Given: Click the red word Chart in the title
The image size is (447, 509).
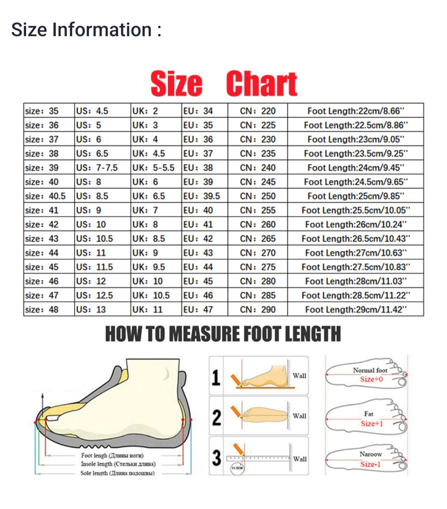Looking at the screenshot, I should (x=261, y=84).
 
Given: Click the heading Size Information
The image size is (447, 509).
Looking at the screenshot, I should (x=86, y=30).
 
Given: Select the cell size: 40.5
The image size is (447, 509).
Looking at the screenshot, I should (x=45, y=196).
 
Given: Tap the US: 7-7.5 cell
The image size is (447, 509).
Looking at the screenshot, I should (x=97, y=168).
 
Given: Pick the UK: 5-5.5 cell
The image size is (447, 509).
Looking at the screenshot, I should (x=154, y=168).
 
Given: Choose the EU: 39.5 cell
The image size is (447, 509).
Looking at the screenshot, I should (x=202, y=196).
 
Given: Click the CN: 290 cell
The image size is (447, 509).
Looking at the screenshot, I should (x=258, y=310).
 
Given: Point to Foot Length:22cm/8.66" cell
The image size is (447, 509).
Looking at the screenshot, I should (x=355, y=111).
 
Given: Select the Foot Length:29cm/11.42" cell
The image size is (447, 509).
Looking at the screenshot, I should (x=355, y=310).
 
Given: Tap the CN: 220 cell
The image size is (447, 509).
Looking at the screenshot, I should (x=258, y=111).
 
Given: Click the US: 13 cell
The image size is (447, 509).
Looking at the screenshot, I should (x=91, y=310).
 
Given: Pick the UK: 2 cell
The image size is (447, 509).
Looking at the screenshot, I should (x=145, y=111).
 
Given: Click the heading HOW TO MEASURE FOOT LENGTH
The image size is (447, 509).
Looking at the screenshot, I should (x=223, y=334).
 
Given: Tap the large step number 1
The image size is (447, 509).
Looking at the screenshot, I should (x=216, y=377).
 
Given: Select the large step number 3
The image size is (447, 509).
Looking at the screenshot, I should (x=217, y=458).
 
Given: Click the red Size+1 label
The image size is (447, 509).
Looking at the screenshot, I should (x=372, y=424).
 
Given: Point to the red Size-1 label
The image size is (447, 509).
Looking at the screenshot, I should (x=370, y=464).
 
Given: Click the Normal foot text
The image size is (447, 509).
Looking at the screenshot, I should (x=370, y=370).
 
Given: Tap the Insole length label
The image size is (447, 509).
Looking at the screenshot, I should (x=118, y=464).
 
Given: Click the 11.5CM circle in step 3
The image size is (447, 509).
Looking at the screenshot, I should (x=237, y=468).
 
